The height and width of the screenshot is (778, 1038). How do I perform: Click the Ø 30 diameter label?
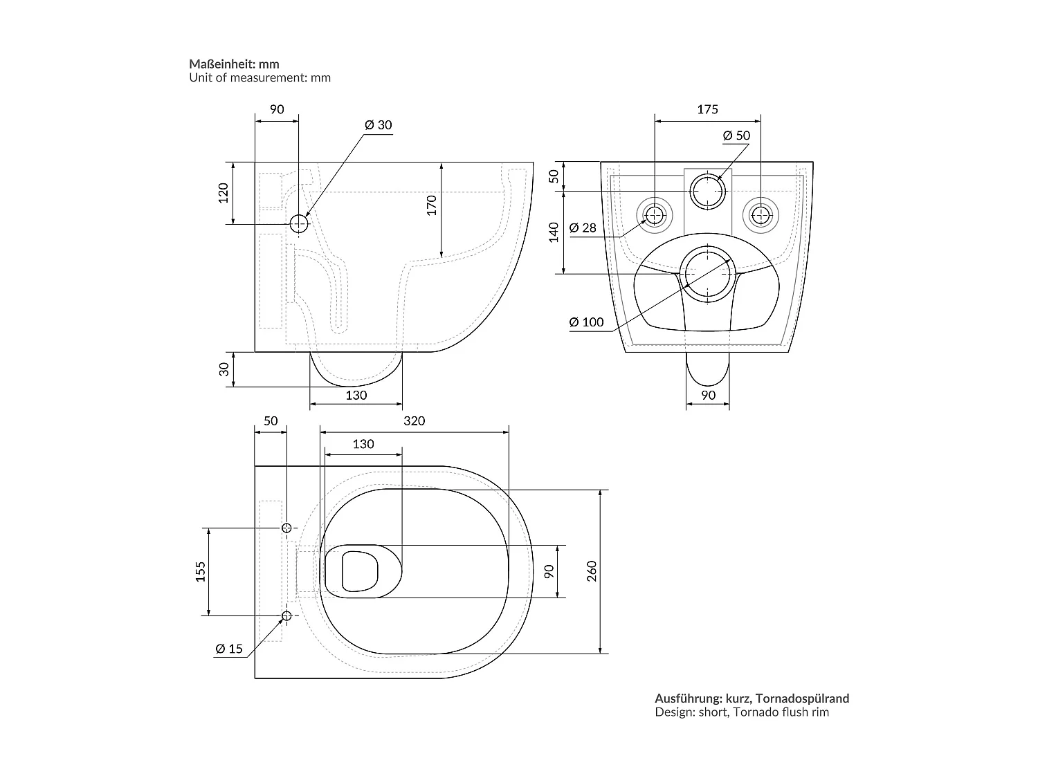[378, 125]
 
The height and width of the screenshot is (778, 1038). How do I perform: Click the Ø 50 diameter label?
[736, 136]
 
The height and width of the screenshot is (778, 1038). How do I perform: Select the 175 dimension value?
[707, 109]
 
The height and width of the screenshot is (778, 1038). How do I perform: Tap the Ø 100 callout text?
[586, 322]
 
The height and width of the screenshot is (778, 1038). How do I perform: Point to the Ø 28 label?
[583, 228]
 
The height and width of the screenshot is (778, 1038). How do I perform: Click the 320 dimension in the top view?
[414, 421]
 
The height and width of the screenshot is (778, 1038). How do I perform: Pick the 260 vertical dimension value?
[592, 571]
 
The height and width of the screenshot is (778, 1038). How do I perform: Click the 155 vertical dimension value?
[201, 571]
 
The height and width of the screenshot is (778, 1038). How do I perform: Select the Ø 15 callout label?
[229, 649]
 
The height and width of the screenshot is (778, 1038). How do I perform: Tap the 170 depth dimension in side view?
[431, 205]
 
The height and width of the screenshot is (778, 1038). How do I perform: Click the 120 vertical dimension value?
[223, 193]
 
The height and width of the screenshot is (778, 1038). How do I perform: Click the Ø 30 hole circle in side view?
[299, 223]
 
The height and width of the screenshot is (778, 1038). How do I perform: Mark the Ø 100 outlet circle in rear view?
[707, 274]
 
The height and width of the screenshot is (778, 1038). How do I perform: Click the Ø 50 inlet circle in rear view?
[707, 191]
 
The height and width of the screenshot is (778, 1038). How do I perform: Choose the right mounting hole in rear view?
[760, 215]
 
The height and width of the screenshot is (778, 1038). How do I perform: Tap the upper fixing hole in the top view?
[286, 528]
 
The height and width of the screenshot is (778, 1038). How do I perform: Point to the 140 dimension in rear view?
[553, 232]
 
